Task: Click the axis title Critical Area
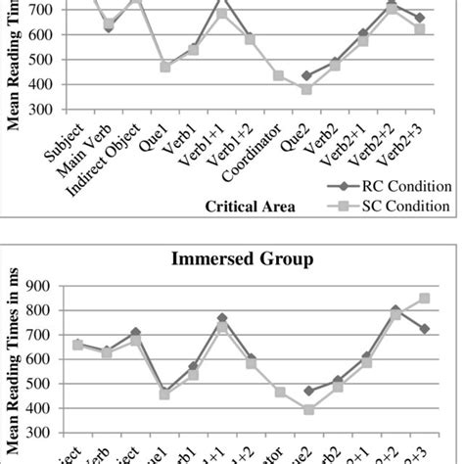[x=251, y=207]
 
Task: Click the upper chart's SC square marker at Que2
[x=306, y=89]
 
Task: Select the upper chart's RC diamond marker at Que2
[x=306, y=75]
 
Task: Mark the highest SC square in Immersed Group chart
[x=423, y=298]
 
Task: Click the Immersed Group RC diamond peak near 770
[x=222, y=318]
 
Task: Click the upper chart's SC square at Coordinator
[x=279, y=75]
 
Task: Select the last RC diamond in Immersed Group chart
[x=423, y=328]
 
